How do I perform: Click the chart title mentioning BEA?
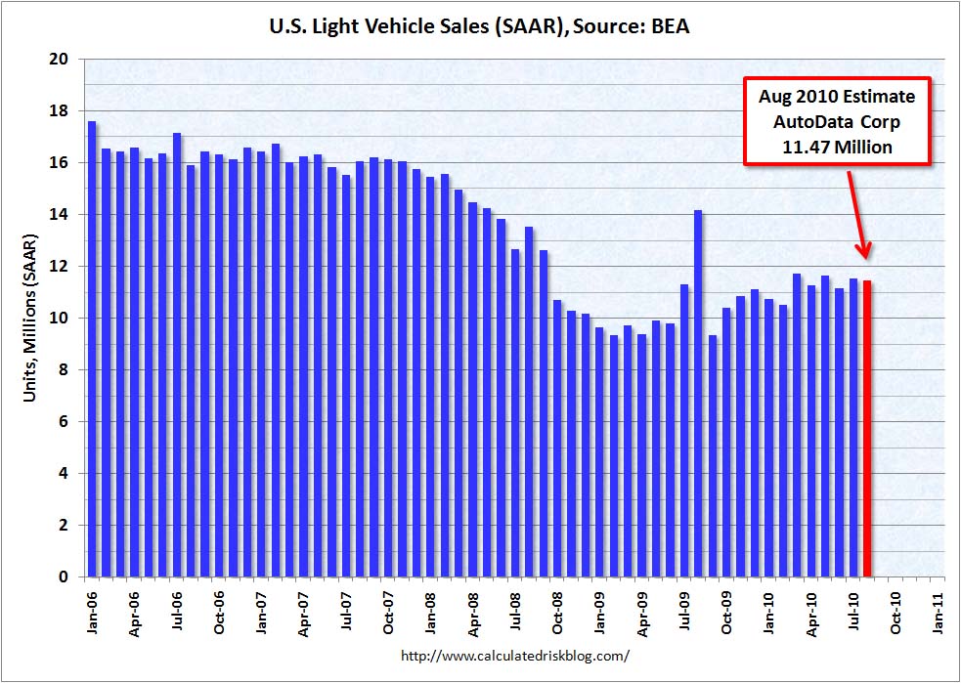click(x=479, y=27)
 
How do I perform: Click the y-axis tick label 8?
click(x=64, y=370)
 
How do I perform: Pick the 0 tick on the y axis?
click(x=64, y=577)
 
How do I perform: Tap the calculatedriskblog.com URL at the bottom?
click(x=515, y=656)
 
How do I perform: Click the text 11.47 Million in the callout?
click(x=837, y=148)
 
